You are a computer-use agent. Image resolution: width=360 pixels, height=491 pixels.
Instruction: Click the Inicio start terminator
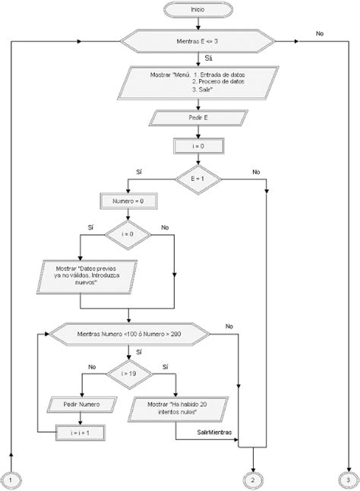pos(197,9)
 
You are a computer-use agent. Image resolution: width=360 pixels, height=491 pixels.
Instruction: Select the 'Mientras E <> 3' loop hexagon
pos(197,43)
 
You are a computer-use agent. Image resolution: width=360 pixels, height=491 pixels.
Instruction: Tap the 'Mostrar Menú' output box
pos(197,81)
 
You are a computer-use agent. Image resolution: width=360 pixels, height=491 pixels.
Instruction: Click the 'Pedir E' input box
pos(197,119)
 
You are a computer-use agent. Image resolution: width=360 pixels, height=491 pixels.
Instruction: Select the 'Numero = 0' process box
pos(127,203)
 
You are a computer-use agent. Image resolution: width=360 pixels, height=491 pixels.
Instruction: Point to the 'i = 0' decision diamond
pos(127,235)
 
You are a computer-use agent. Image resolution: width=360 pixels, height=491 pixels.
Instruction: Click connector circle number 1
pos(13,480)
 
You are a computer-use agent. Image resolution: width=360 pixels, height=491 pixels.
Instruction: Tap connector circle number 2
pos(253,480)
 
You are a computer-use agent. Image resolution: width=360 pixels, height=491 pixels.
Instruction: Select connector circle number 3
pos(349,480)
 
